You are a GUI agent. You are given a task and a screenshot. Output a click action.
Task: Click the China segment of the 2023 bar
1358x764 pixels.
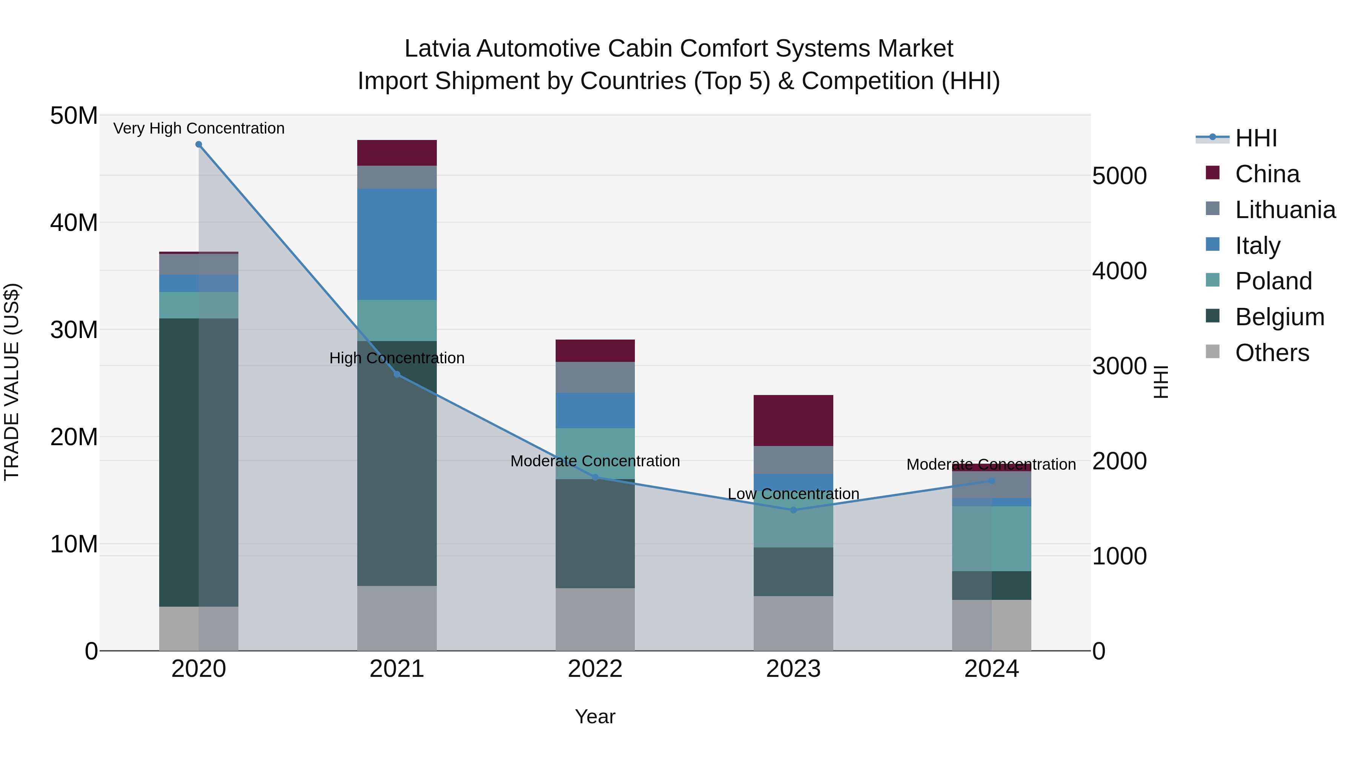(793, 420)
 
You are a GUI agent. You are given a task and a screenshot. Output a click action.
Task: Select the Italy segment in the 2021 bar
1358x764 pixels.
(396, 244)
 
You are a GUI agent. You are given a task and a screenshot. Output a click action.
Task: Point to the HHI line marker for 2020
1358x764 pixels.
(199, 144)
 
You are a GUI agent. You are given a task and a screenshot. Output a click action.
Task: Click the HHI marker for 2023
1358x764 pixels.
(793, 510)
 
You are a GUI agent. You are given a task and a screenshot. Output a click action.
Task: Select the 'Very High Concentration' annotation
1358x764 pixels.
(199, 128)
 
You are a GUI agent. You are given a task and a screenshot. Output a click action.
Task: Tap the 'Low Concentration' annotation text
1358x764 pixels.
(793, 494)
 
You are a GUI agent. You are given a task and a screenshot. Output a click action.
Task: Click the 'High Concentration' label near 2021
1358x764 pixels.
(396, 358)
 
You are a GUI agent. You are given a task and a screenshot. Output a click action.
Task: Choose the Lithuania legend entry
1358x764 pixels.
(1285, 210)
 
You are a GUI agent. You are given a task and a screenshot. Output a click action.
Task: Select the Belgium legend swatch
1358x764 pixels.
(1212, 317)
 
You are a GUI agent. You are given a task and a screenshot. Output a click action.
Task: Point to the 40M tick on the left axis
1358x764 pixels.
(74, 223)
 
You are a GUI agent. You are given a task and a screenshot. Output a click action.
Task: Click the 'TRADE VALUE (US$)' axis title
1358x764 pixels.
(12, 382)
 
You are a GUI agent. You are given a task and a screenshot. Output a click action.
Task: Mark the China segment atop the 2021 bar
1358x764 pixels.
(396, 153)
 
